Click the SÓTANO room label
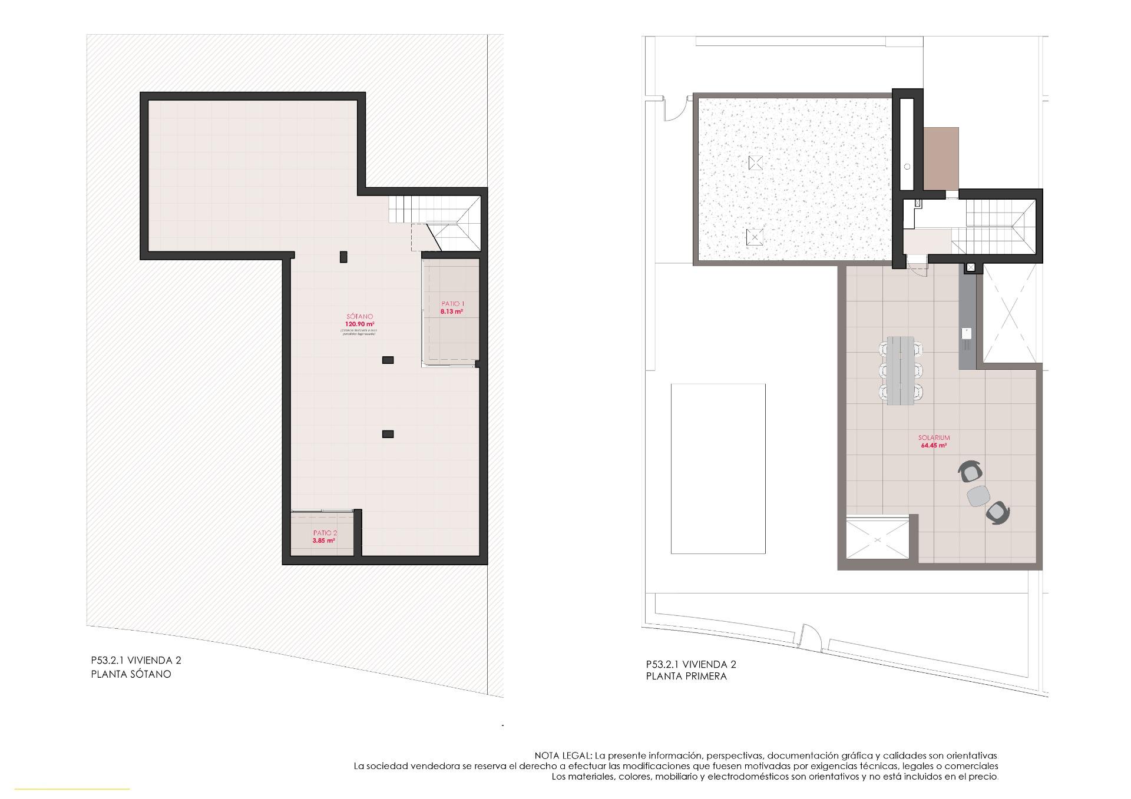pos(359,317)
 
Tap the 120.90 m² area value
pos(359,324)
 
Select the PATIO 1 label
pos(452,304)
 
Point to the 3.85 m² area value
pos(325,540)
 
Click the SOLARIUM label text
pos(934,438)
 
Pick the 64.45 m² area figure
pos(934,446)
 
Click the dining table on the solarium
pos(900,370)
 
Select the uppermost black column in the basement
pos(343,257)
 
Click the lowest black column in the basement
pos(388,435)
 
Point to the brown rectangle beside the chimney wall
pos(941,159)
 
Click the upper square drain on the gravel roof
pos(755,163)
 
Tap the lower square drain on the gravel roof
pos(754,237)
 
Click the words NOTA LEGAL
pos(563,755)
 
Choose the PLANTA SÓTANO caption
pos(131,675)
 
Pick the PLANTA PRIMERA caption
pos(686,677)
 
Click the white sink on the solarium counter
pos(967,333)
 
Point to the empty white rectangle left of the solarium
pos(718,469)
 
